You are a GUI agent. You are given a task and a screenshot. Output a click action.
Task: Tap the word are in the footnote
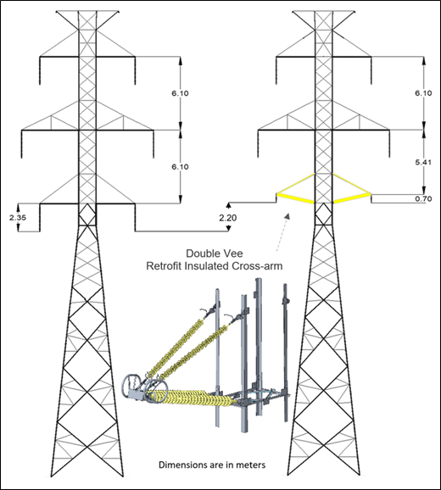click(x=212, y=465)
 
